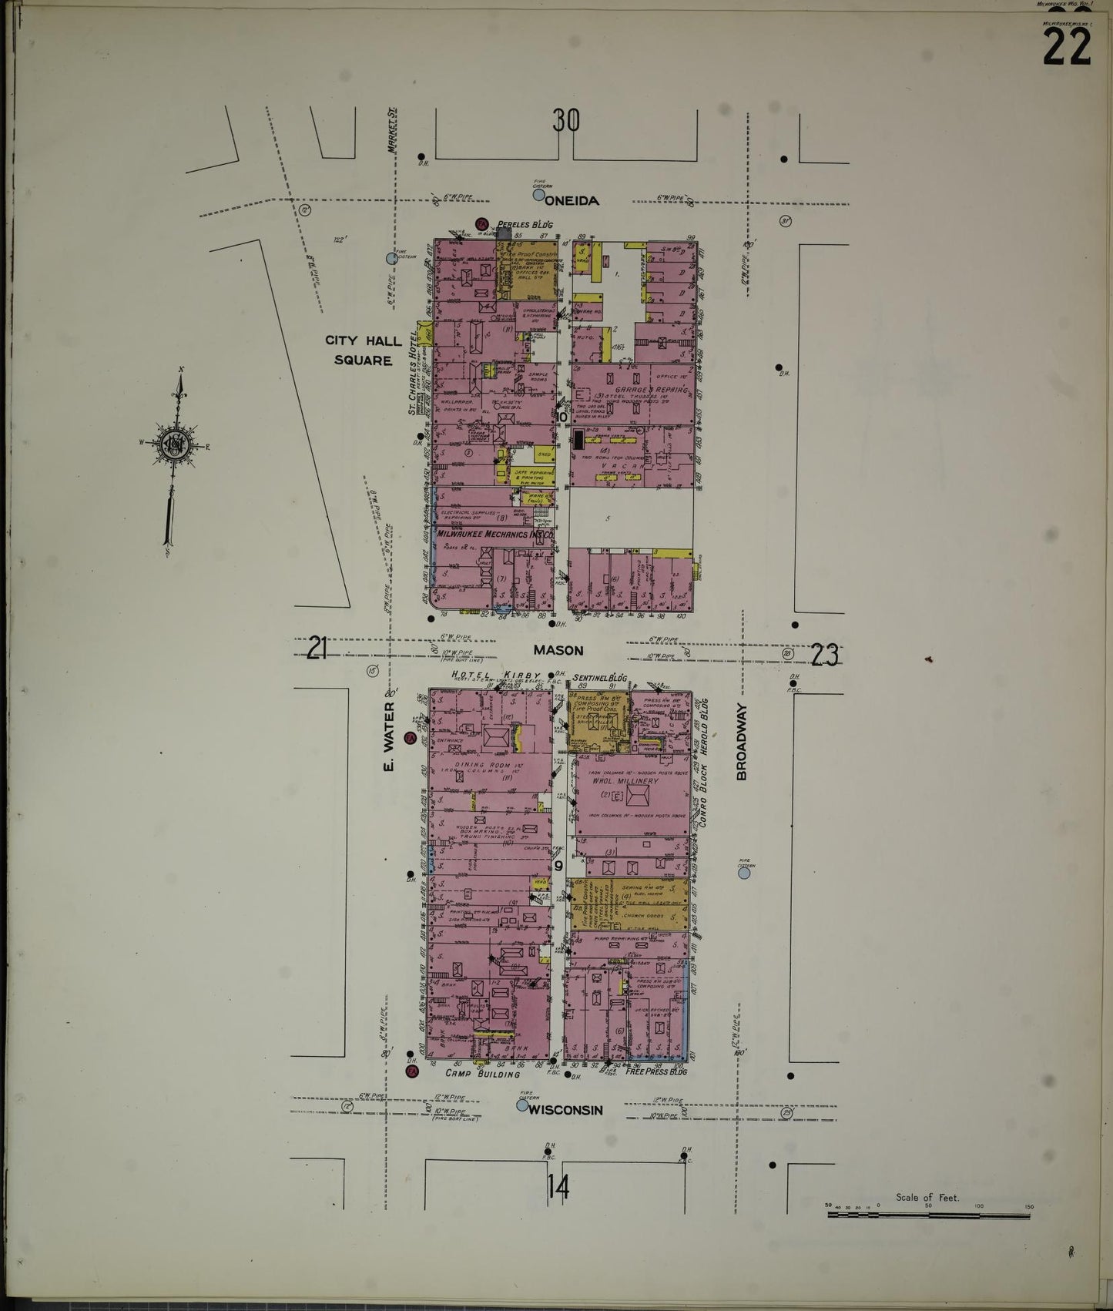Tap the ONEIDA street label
coord(572,201)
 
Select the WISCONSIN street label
coord(565,1110)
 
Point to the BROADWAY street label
coord(742,742)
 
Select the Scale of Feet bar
coord(928,1215)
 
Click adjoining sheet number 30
coord(565,121)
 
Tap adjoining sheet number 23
coord(824,655)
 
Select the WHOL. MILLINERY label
coord(625,781)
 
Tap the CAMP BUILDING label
coord(482,1073)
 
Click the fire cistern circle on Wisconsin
coord(522,1105)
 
